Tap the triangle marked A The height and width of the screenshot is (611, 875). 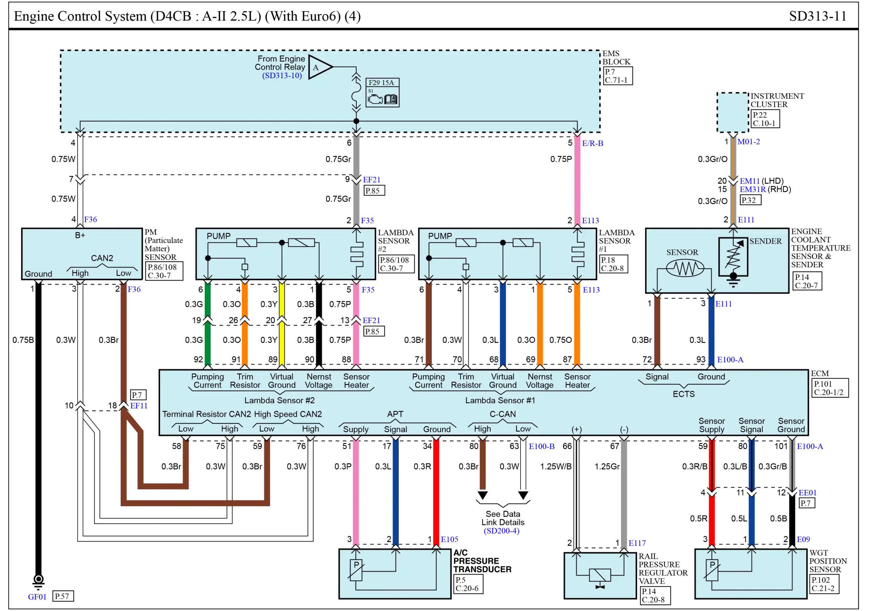[x=319, y=67]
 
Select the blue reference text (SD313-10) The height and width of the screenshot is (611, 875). [x=282, y=76]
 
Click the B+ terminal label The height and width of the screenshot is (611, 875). [x=80, y=235]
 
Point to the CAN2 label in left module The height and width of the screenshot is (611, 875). [x=102, y=258]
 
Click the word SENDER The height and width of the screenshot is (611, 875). [x=765, y=241]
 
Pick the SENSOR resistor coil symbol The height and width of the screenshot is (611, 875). [x=685, y=268]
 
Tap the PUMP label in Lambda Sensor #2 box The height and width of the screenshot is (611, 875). [x=218, y=236]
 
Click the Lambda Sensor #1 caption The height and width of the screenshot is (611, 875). [x=500, y=400]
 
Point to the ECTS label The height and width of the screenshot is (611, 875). [x=684, y=394]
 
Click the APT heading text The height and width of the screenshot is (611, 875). [x=395, y=414]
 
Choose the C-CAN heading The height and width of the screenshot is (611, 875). [x=503, y=414]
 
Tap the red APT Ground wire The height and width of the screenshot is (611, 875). [x=436, y=491]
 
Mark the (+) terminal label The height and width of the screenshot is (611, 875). [x=576, y=429]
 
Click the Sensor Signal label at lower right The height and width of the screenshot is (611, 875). [x=752, y=425]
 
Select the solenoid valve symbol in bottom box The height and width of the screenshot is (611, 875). [x=600, y=575]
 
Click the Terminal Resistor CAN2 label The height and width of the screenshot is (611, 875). [x=206, y=414]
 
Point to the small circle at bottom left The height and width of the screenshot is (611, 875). [x=39, y=579]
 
